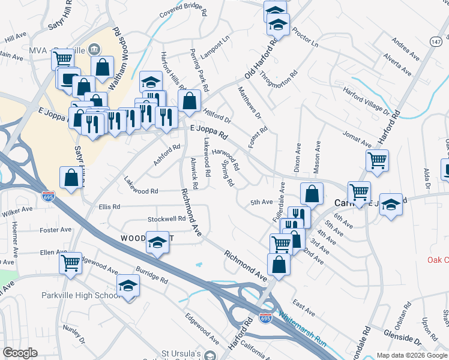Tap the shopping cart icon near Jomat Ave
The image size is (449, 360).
pos(377,160)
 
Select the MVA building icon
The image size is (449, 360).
pos(95,49)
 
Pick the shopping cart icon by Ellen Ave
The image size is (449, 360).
pos(71,262)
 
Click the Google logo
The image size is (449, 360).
pos(20,353)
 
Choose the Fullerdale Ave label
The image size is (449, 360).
pos(278,204)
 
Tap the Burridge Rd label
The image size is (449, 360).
pos(151,276)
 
